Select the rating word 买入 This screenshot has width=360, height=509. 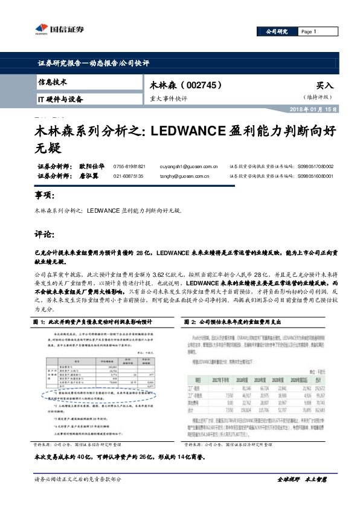point(324,86)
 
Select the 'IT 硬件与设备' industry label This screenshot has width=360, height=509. point(60,99)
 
